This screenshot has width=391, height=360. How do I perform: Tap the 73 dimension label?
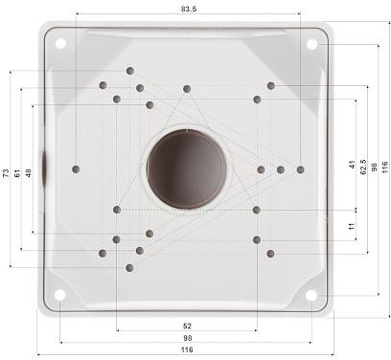click(x=6, y=173)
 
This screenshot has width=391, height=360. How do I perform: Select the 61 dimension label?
click(x=17, y=173)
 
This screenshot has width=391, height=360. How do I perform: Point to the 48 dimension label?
click(x=29, y=173)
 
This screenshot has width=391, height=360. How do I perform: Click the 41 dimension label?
click(x=353, y=164)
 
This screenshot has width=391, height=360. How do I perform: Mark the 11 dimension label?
click(x=353, y=226)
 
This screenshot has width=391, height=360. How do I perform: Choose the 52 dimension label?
click(x=186, y=326)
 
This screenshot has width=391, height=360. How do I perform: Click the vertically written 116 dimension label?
click(x=385, y=167)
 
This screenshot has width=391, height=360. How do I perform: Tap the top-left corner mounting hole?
click(x=60, y=43)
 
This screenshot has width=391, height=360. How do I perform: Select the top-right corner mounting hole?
click(x=312, y=43)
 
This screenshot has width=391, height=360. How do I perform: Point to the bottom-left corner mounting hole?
click(x=60, y=294)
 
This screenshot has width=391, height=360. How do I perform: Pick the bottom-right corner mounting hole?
click(x=312, y=294)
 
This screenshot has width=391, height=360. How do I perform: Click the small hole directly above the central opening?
click(x=187, y=89)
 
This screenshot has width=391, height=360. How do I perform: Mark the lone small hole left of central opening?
click(x=76, y=169)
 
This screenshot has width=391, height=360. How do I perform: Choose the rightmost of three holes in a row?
click(x=300, y=169)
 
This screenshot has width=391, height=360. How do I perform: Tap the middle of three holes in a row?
click(x=281, y=169)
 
